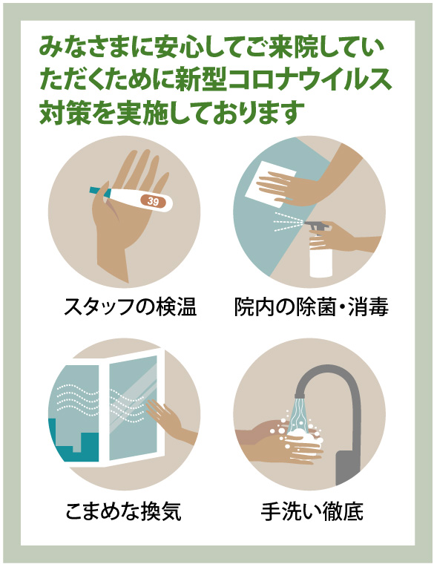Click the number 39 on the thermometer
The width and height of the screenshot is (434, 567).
(153, 200)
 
